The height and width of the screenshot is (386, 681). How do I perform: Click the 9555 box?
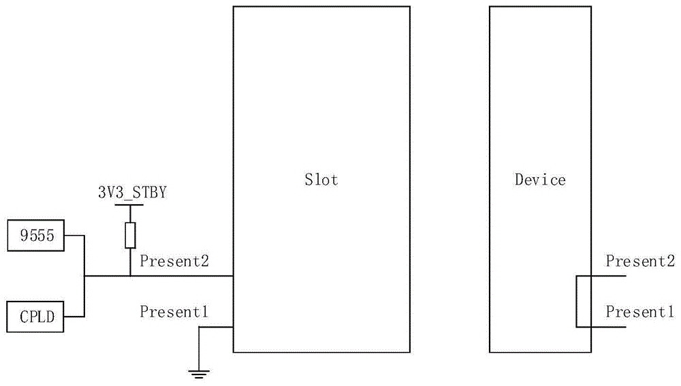[35, 236]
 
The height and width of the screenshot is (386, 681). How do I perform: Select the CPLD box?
[35, 317]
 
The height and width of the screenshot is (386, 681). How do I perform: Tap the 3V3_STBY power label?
[132, 193]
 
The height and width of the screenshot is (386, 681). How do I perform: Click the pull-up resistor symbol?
[130, 236]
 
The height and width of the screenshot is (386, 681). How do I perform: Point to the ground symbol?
[199, 374]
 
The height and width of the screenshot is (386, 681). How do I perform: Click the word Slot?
[321, 179]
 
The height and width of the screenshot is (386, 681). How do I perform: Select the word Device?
[540, 179]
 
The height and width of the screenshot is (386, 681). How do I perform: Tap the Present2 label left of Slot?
[174, 261]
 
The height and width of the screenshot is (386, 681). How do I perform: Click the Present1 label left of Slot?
[174, 312]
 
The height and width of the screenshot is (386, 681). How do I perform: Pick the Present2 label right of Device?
[640, 261]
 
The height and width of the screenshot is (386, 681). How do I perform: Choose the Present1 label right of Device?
[640, 312]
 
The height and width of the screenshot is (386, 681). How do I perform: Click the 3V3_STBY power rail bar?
[129, 204]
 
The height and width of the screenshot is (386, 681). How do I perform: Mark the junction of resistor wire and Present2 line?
[130, 276]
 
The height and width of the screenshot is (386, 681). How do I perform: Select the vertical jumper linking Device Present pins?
[577, 301]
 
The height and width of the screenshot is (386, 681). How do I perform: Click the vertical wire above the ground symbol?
[199, 348]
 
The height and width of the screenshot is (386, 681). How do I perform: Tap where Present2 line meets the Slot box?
[233, 276]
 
